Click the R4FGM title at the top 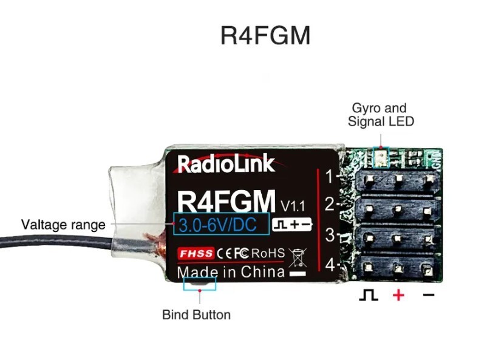[265, 35]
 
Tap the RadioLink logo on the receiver [226, 163]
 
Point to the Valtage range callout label [63, 225]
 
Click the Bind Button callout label [196, 314]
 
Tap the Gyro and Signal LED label [380, 115]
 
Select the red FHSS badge [196, 253]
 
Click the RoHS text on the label [268, 253]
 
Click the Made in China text [231, 271]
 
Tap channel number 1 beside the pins [329, 177]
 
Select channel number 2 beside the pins [329, 204]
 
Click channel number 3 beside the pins [329, 235]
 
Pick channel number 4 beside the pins [329, 265]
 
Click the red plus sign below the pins [398, 296]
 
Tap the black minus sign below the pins [429, 296]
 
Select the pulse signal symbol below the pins [369, 296]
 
